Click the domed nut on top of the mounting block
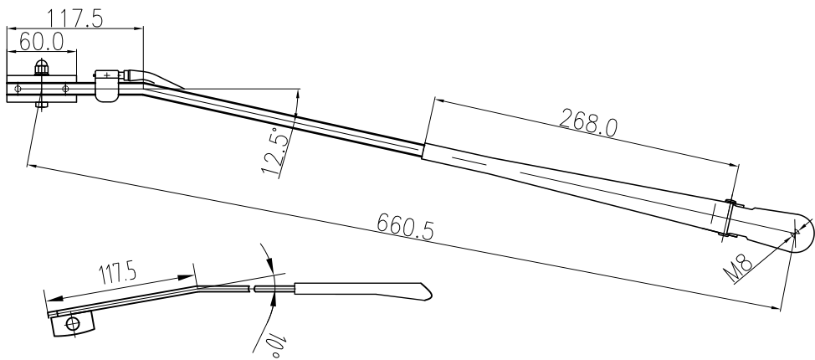tap(40, 69)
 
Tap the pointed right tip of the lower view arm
tap(431, 291)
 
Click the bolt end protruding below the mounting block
tap(39, 105)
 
